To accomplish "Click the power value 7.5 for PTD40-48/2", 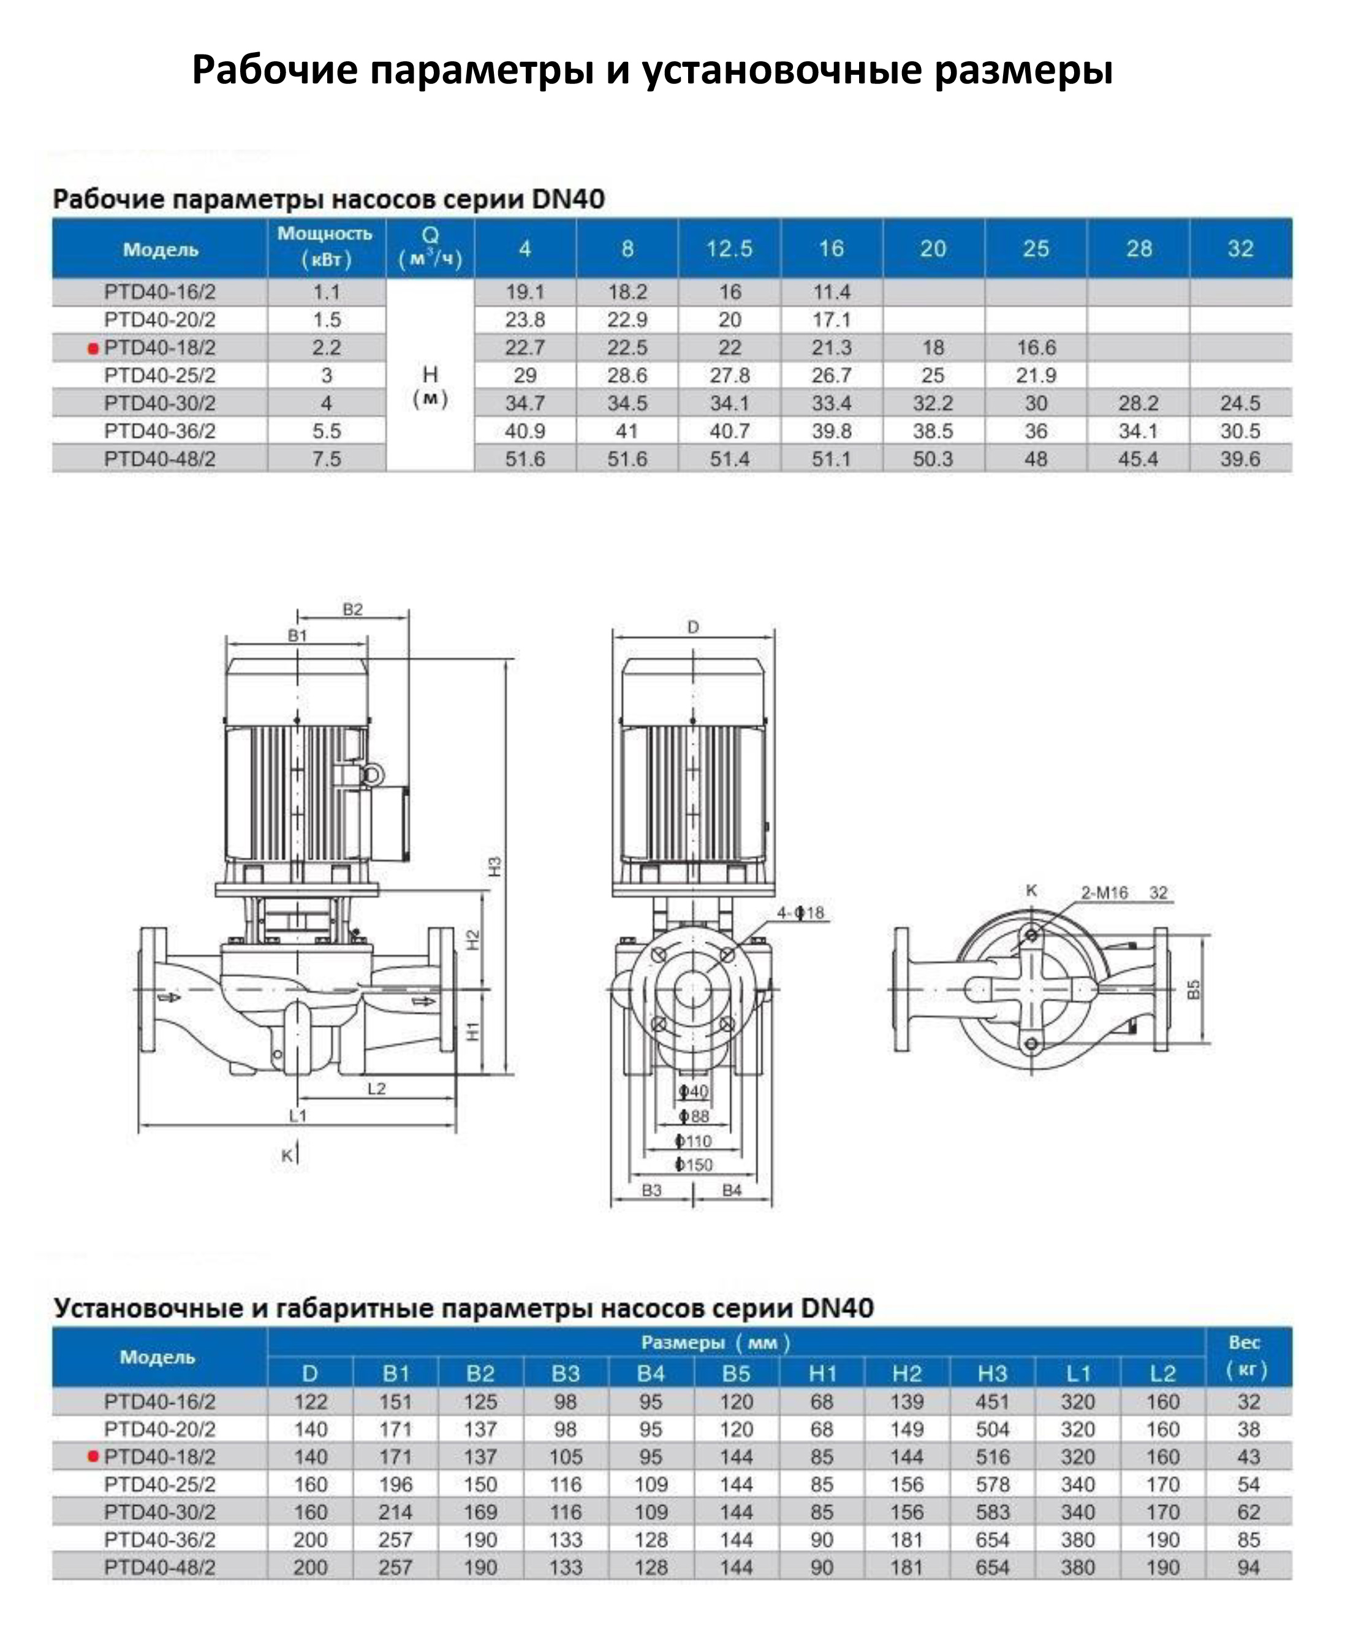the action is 326,459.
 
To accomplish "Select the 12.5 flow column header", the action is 729,249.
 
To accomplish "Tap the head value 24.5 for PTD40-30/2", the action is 1240,403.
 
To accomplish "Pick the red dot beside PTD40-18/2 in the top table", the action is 93,349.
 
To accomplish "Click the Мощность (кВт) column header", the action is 325,247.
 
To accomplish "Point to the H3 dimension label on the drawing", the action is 495,867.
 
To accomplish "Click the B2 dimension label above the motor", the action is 352,610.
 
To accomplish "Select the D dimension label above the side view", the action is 694,627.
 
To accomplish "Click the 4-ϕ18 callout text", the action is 800,913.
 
